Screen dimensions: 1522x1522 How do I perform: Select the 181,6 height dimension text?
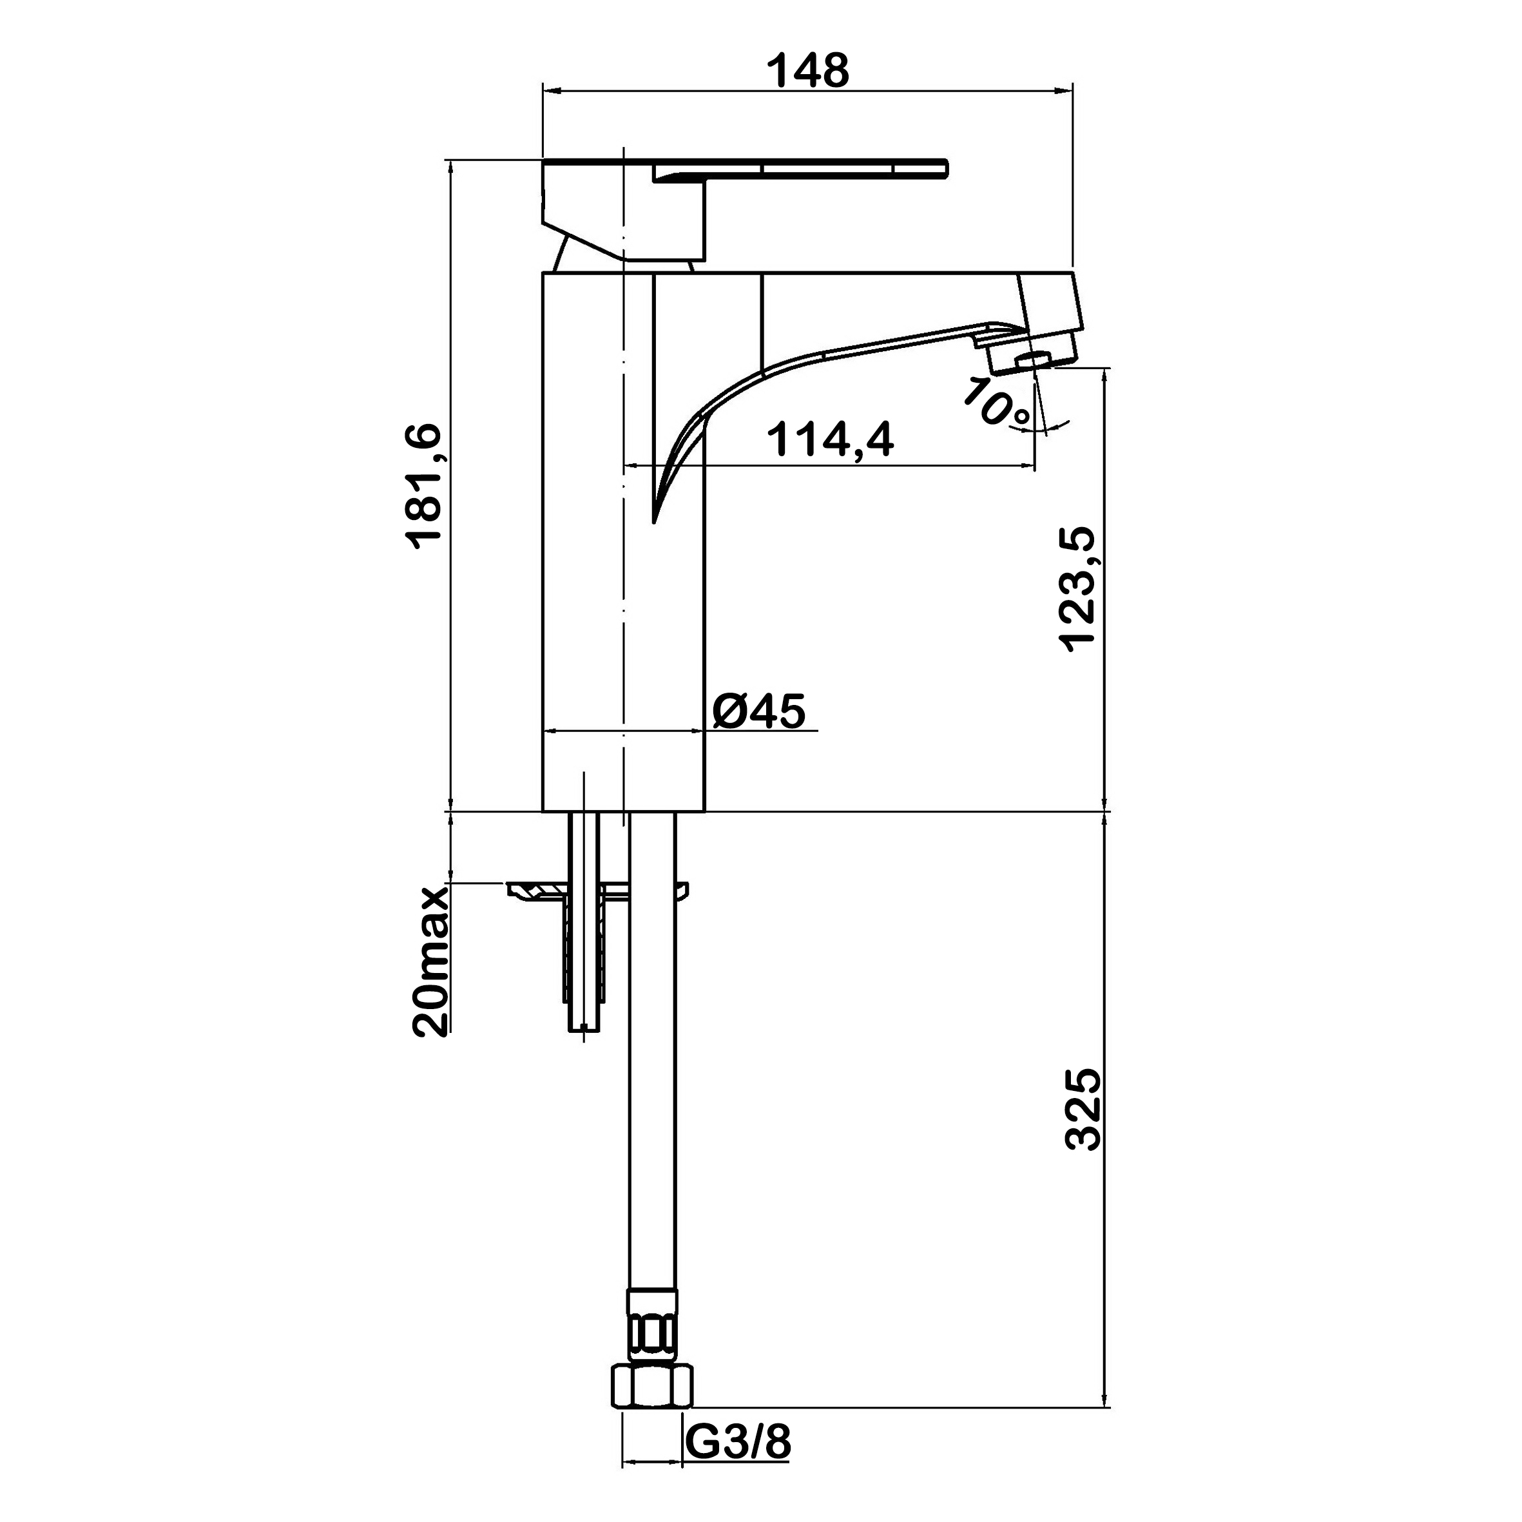coord(425,486)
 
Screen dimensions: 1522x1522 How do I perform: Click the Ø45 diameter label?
coord(760,711)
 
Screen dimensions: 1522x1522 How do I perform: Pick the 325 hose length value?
coord(1083,1109)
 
